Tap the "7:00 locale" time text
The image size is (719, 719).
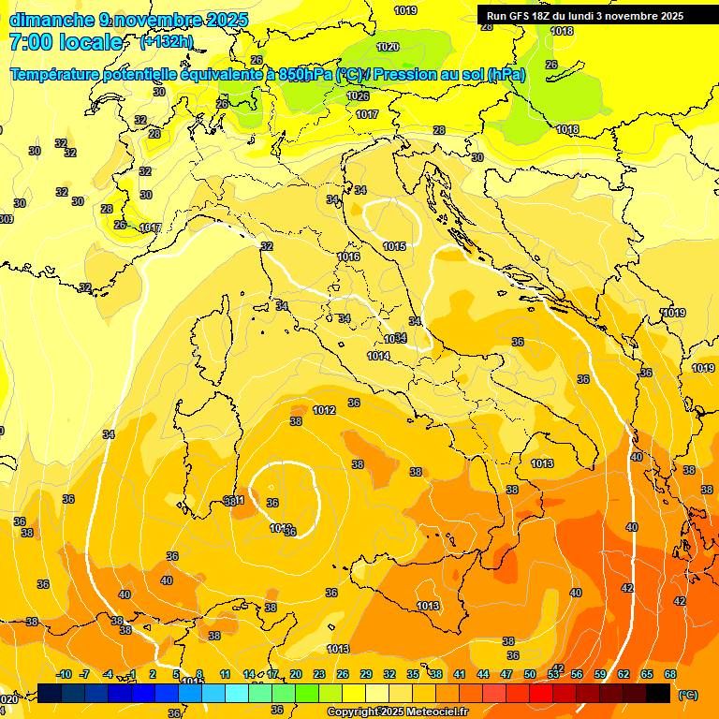(x=66, y=42)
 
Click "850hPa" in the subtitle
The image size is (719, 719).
(x=305, y=75)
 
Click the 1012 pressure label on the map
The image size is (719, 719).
(x=325, y=410)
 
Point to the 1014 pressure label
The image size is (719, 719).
(x=378, y=356)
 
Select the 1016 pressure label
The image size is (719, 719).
(x=349, y=257)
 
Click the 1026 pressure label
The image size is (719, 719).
(x=358, y=96)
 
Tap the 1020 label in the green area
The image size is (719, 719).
(x=388, y=47)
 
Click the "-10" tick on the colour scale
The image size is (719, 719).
(x=65, y=674)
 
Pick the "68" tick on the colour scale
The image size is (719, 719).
(x=670, y=674)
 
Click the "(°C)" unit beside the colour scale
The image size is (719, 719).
(x=687, y=695)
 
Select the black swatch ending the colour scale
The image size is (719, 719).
(x=658, y=694)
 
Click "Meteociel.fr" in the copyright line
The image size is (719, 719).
(x=433, y=712)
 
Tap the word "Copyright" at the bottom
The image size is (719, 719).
(x=353, y=712)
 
